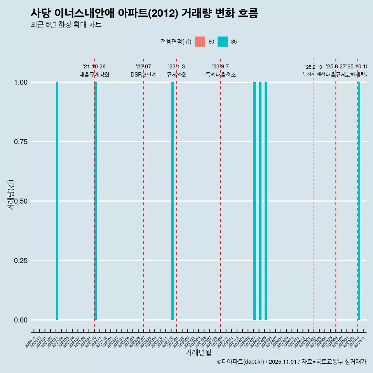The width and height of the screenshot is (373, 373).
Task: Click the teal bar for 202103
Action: (x=57, y=201)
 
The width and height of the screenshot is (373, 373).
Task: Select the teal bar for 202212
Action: (x=173, y=201)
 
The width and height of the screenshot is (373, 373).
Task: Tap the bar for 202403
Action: (x=255, y=201)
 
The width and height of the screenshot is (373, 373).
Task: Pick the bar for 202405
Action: (x=266, y=201)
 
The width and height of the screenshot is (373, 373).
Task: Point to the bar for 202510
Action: (x=359, y=201)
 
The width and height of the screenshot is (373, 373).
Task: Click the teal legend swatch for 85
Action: (x=223, y=42)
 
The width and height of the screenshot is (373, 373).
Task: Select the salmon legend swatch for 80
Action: (x=200, y=42)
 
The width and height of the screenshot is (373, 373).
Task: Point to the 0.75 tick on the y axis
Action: (x=21, y=142)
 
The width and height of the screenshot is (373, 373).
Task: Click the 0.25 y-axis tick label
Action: (x=21, y=261)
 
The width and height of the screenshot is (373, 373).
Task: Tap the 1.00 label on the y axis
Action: (x=21, y=82)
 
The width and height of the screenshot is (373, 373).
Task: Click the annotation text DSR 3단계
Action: (x=143, y=75)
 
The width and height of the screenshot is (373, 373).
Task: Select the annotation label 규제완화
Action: (x=177, y=75)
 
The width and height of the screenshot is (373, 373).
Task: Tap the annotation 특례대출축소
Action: (x=221, y=75)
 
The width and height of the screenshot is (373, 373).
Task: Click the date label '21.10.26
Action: (x=94, y=66)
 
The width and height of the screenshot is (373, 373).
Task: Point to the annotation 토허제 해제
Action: (x=314, y=74)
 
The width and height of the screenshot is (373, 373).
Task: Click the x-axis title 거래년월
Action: (x=198, y=352)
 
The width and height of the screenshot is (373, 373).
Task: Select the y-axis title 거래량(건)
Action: (x=11, y=195)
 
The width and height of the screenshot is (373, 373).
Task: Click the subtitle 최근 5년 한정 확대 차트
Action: (x=66, y=25)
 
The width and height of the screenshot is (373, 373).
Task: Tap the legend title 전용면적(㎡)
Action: (x=176, y=42)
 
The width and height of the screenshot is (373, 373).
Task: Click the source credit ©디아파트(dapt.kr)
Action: (x=241, y=362)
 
